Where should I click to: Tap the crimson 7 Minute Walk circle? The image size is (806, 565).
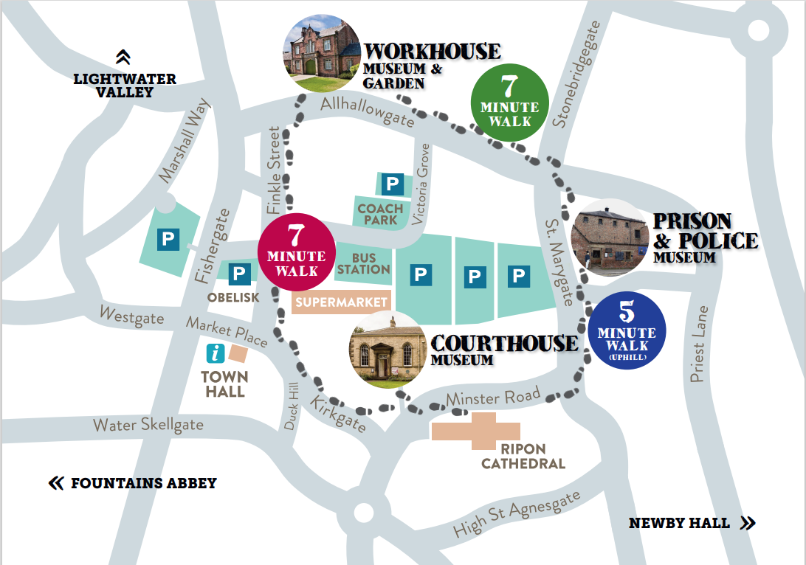pos(296,251)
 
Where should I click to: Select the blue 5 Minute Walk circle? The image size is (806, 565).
pos(627,330)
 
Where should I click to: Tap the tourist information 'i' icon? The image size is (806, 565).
pos(216,353)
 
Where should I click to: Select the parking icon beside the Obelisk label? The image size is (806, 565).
pos(239,274)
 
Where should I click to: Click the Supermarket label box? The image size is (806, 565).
pos(342,302)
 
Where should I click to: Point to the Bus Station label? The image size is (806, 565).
pos(364,263)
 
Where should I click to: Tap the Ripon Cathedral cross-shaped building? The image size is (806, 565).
pos(476,431)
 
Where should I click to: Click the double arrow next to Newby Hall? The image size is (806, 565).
pos(747,523)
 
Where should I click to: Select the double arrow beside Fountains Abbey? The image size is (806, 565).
pos(56,484)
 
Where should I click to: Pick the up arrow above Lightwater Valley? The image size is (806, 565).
pos(123,57)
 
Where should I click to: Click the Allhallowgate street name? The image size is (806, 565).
pos(367,111)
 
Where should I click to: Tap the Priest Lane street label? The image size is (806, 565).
pos(699,344)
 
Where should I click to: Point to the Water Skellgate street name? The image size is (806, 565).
pos(148,426)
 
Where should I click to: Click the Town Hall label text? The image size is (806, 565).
pos(225,384)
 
